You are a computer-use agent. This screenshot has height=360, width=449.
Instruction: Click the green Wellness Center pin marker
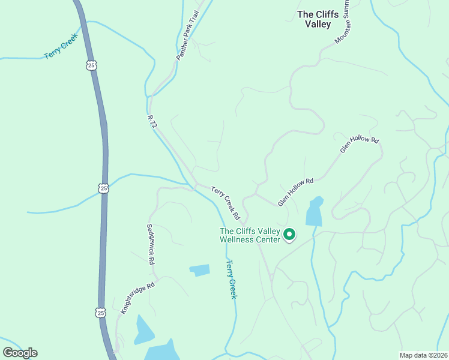[x=289, y=234]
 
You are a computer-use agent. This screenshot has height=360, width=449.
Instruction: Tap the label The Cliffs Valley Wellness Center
[x=250, y=235]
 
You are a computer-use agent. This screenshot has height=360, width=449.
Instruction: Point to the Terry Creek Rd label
[x=226, y=203]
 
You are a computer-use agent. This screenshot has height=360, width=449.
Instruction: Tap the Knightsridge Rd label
[x=137, y=298]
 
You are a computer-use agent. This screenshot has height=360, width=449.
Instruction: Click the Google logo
[x=20, y=353]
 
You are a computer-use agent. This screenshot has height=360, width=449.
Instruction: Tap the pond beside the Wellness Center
[x=315, y=211]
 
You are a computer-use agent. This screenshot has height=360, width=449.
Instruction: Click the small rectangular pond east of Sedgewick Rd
[x=200, y=270]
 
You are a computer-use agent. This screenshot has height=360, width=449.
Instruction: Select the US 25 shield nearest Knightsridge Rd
[x=100, y=312]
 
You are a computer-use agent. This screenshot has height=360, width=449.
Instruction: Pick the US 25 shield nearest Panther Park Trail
[x=91, y=65]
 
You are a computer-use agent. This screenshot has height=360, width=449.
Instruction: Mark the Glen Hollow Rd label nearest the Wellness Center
[x=296, y=192]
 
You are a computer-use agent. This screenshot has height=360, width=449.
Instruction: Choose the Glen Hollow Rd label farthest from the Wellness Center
[x=360, y=145]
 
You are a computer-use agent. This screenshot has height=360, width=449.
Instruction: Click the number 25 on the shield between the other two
[x=104, y=188]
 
